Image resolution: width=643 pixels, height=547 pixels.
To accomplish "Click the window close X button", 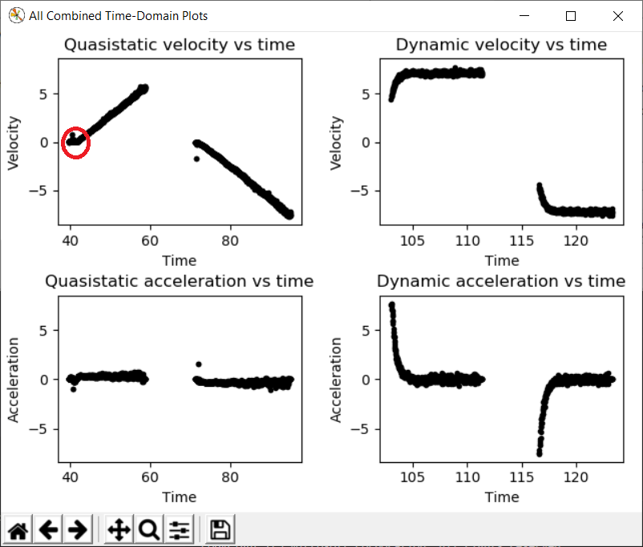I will (x=617, y=16).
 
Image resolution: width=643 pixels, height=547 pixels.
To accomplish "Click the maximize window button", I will (x=571, y=16).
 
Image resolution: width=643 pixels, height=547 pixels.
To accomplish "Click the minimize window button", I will (x=524, y=16).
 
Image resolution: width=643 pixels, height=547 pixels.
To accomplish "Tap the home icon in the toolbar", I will (x=18, y=529).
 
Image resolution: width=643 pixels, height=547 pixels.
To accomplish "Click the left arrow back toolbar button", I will (x=48, y=529).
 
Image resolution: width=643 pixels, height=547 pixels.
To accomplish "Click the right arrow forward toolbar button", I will (x=77, y=529).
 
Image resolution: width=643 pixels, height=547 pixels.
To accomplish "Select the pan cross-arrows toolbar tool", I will (x=119, y=529).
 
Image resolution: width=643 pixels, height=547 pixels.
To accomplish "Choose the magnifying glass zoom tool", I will (x=148, y=529).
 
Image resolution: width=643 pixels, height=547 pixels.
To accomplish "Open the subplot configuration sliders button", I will (x=179, y=529).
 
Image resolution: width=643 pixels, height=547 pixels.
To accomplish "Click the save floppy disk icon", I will (x=220, y=529).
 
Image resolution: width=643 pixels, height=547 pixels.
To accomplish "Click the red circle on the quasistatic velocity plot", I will (x=75, y=143).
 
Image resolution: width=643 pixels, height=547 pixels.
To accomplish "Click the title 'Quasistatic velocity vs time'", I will (x=180, y=45).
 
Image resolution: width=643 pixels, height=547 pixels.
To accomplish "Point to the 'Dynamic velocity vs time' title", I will (x=501, y=45).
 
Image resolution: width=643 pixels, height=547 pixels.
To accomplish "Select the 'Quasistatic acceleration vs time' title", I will (x=179, y=281).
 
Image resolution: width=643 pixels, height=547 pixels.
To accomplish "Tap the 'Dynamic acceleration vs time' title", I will (x=501, y=281).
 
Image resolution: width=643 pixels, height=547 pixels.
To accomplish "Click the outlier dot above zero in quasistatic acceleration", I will (x=198, y=364).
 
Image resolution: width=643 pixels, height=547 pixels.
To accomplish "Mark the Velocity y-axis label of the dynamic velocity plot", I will (x=337, y=143).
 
